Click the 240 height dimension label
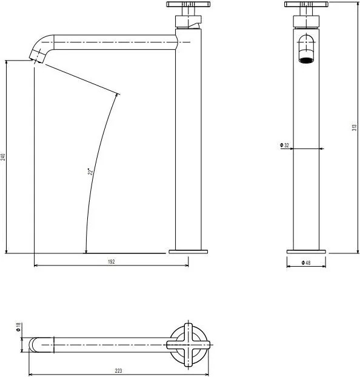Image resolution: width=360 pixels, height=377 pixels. (x=4, y=157)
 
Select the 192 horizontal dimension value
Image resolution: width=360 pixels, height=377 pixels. (x=111, y=261)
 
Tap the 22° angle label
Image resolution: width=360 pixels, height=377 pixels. (x=90, y=172)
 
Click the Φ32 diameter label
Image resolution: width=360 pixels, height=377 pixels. (x=284, y=145)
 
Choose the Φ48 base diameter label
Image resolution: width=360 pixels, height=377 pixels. (x=307, y=262)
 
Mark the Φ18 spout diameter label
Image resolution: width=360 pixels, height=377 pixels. (x=19, y=327)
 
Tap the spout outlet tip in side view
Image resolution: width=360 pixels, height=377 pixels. (x=38, y=58)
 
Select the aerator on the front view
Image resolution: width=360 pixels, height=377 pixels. (x=307, y=59)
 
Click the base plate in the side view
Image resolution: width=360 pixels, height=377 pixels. (x=187, y=250)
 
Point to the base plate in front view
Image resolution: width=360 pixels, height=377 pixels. (x=306, y=250)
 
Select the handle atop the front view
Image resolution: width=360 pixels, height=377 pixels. (x=306, y=6)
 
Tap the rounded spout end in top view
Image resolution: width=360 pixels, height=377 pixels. (x=34, y=344)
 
